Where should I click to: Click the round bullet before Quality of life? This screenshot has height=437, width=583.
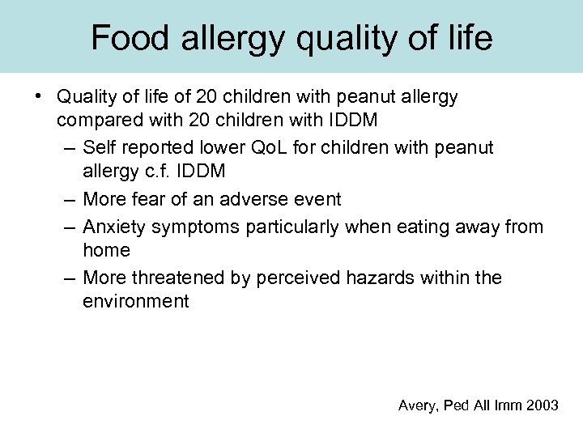tap(39, 97)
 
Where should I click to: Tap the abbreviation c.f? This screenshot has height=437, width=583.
tap(152, 172)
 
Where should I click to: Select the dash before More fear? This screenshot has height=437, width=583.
tap(69, 198)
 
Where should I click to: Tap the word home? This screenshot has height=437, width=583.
tap(106, 252)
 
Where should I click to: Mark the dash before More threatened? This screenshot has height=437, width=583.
tap(69, 278)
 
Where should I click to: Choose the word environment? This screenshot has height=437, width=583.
tap(135, 302)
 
